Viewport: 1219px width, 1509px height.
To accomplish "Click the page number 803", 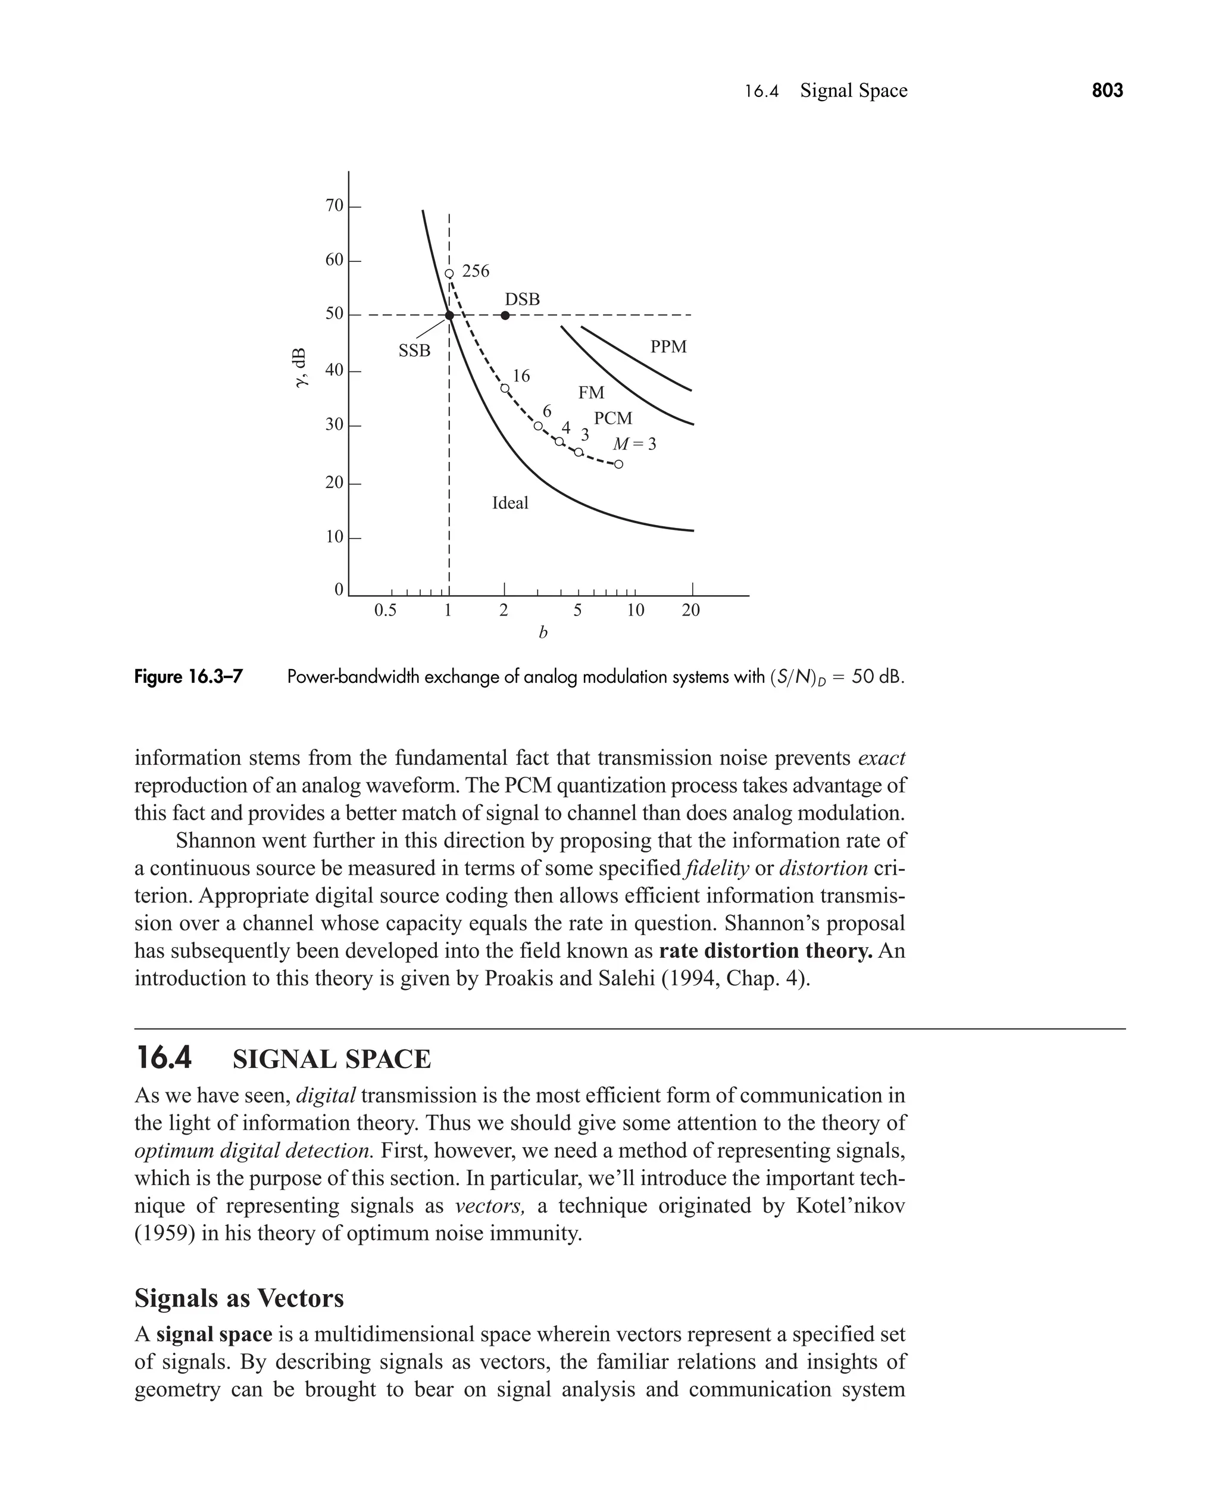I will [1107, 90].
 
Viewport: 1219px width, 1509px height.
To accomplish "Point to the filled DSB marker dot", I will [505, 315].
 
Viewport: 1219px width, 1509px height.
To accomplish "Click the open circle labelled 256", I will [449, 273].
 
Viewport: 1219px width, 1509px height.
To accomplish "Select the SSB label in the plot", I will [414, 351].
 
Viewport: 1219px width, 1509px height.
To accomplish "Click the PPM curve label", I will [668, 347].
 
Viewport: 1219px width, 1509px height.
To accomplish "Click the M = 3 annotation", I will [634, 445].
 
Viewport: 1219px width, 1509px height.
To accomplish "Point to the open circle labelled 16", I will [504, 388].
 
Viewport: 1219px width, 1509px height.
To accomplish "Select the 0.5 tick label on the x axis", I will [385, 610].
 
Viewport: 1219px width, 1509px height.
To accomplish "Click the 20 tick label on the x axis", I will [691, 610].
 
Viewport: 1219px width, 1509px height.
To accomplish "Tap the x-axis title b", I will [543, 633].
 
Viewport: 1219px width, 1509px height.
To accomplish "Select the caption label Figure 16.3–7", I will [188, 677].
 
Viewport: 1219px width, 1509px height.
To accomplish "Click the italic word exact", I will [882, 758].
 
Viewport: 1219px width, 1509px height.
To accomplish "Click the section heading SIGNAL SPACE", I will [332, 1060].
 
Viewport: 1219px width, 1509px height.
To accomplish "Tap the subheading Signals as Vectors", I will [239, 1298].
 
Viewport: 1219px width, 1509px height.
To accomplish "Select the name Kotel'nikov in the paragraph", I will [851, 1205].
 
